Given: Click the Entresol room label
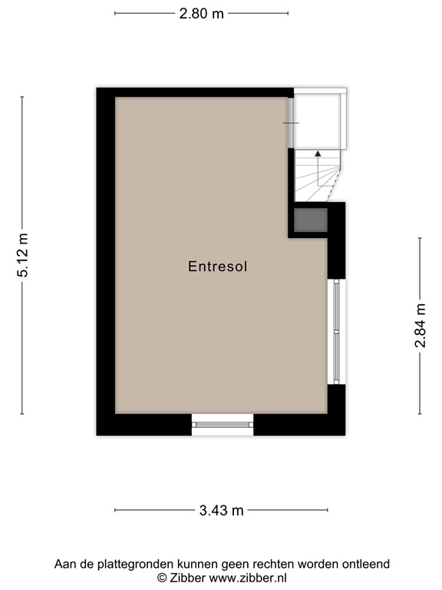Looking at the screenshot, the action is pos(218,267).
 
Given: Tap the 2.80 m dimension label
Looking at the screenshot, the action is pos(202,14).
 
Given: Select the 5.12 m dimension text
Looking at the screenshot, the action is pos(22,255).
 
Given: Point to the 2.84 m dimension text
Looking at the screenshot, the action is pos(420,326).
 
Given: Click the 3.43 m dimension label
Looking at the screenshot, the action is pos(221,511).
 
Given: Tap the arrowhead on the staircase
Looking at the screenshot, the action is pos(318,153).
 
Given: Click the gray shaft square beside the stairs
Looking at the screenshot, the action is pos(311,220).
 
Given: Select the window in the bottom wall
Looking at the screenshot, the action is pos(223,425).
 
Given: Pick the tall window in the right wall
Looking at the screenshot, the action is pos(336,332).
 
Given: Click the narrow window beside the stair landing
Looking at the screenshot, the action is pos(291,123).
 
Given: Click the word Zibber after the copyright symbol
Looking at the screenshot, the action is pos(187,578).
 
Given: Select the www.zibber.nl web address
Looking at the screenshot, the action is pos(248,578).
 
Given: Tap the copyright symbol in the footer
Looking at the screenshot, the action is pos(162,578).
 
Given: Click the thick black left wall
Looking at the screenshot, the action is pos(106,261).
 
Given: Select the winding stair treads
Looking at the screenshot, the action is pos(317,176).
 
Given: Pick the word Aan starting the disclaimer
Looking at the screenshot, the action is pos(64,565).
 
